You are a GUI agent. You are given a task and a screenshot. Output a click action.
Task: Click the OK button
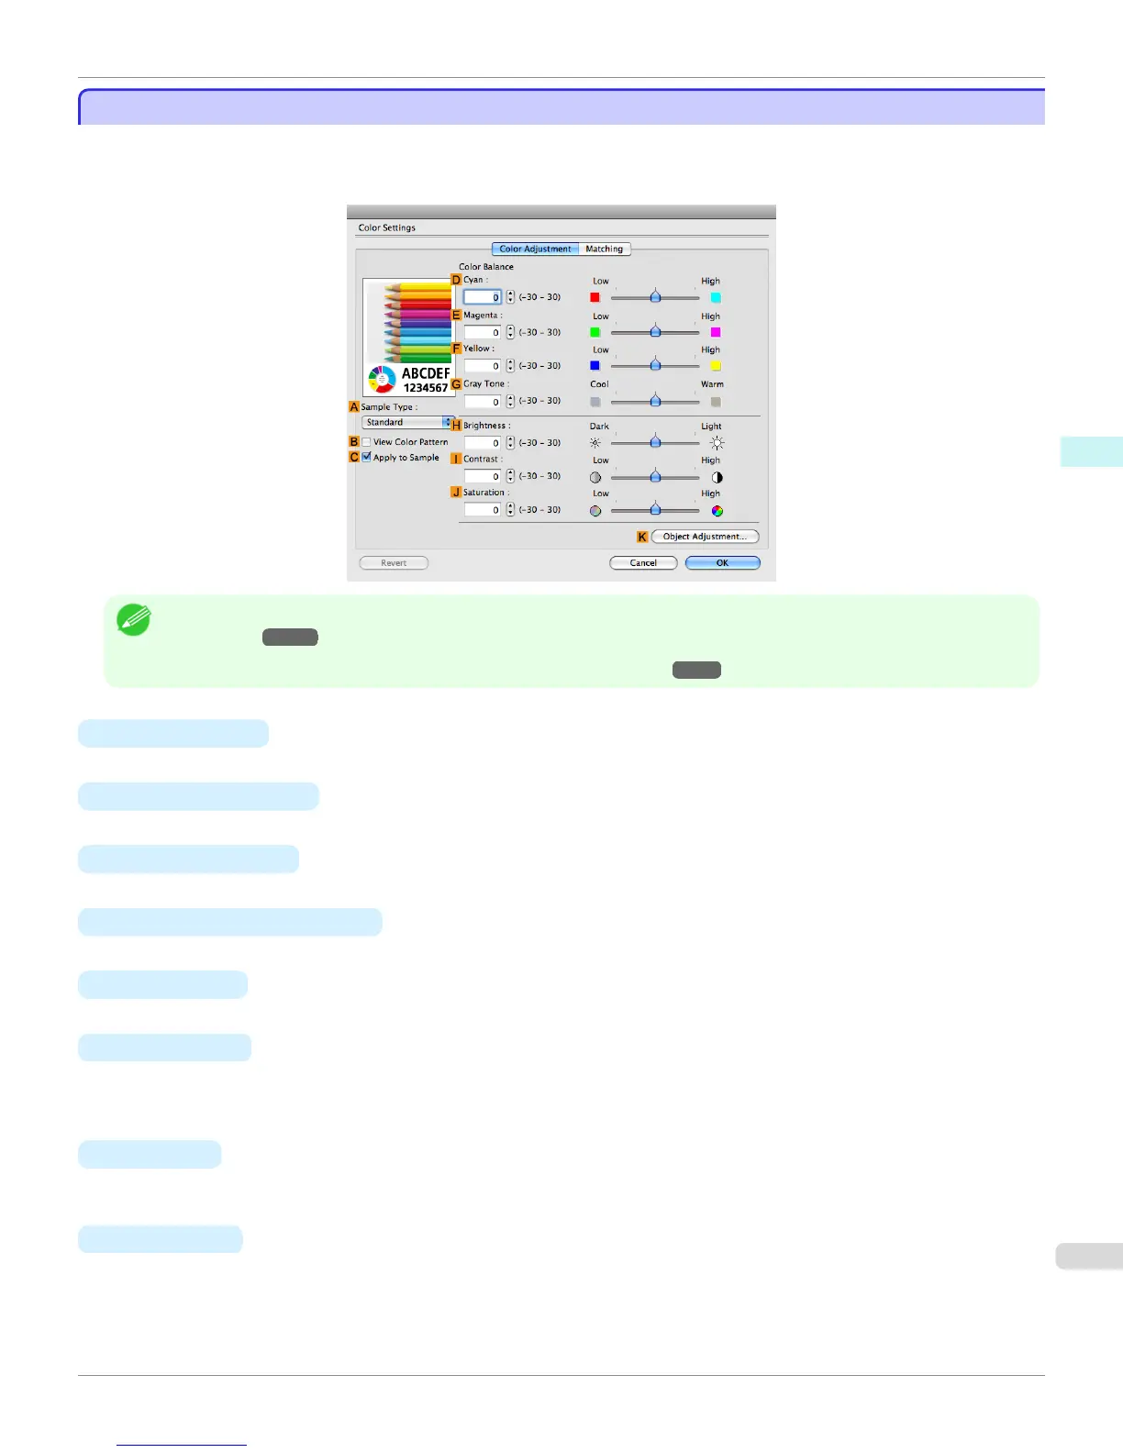[x=722, y=563]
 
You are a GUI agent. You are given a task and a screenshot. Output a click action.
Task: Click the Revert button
[x=394, y=563]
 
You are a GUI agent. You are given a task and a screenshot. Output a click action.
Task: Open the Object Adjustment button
[x=705, y=537]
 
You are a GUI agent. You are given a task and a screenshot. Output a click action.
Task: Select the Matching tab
[x=605, y=249]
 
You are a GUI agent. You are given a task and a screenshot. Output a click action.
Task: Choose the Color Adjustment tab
[x=535, y=249]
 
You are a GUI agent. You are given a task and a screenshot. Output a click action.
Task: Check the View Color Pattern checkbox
[x=367, y=442]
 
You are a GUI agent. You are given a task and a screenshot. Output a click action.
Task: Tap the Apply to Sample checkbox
[x=367, y=457]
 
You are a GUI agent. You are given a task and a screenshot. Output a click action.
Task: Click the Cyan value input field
[x=483, y=297]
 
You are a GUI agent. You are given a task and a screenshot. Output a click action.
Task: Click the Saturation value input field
[x=483, y=510]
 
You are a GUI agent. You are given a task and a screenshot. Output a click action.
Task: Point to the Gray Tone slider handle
[x=655, y=401]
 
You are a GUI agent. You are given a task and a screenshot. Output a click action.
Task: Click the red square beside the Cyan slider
[x=595, y=297]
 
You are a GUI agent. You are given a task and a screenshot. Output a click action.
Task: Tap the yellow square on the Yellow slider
[x=716, y=366]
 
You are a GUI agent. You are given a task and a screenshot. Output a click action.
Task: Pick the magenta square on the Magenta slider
[x=716, y=332]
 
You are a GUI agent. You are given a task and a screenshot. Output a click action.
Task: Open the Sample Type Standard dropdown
[x=408, y=423]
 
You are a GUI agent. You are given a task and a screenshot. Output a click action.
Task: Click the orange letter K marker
[x=642, y=537]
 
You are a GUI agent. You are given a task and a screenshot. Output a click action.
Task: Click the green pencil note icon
[x=134, y=621]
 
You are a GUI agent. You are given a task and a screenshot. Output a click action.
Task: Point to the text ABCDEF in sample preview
[x=426, y=373]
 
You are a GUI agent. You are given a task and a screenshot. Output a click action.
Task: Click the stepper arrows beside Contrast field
[x=511, y=476]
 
